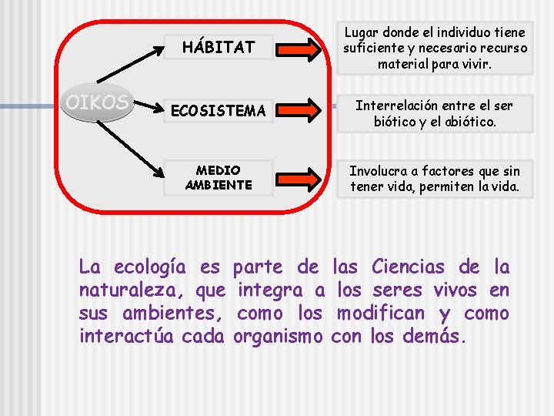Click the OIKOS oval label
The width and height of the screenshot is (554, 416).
[x=98, y=103]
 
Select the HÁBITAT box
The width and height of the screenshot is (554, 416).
[x=218, y=47]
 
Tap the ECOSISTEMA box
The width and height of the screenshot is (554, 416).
[x=218, y=112]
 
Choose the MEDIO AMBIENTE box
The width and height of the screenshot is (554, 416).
[x=218, y=177]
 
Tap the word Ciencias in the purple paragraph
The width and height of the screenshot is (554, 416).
[x=408, y=267]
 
